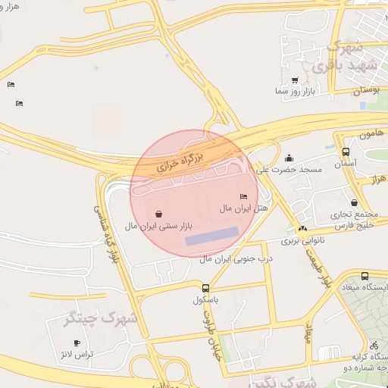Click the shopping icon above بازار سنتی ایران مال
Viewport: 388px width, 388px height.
point(158,214)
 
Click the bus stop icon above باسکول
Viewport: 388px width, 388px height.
point(205,288)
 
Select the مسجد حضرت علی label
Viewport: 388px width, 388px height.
point(289,170)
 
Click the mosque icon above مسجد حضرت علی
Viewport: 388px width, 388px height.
point(289,158)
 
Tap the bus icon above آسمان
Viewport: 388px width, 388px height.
point(346,152)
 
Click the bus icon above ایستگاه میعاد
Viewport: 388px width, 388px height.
point(365,277)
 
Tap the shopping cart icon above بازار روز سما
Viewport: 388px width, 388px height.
point(294,80)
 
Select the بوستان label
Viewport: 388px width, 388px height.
point(365,90)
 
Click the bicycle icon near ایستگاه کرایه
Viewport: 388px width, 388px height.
point(373,345)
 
